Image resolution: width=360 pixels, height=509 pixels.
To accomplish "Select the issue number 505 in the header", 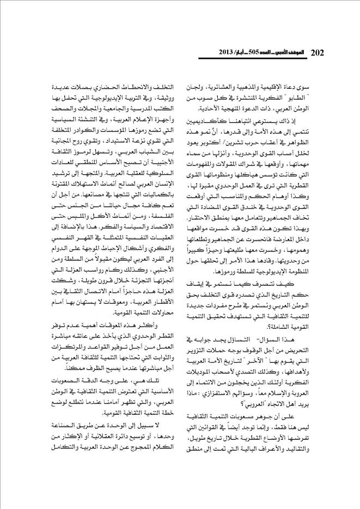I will point(264,53).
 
